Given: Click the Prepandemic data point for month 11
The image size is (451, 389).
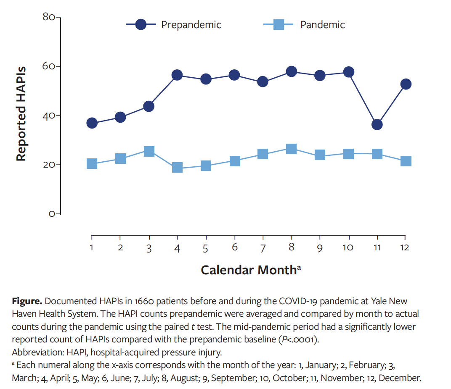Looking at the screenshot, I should click(x=377, y=124).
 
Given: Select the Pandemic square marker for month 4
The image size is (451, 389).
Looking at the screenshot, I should click(x=177, y=168).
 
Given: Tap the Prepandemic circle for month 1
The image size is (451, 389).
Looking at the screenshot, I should click(x=92, y=123).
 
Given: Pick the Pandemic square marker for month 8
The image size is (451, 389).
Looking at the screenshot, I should click(x=291, y=149).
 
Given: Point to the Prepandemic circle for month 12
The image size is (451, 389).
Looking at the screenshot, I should click(x=406, y=84).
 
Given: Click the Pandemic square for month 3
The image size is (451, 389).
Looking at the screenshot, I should click(x=149, y=151).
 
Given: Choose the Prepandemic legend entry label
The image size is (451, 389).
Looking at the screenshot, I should click(x=191, y=25).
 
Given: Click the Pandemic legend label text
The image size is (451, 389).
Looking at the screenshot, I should click(x=322, y=25).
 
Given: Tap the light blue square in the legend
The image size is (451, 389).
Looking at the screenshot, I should click(x=278, y=25).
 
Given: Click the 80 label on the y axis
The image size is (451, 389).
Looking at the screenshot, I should click(x=49, y=17).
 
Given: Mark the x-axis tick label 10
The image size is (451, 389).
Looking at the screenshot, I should click(x=348, y=247).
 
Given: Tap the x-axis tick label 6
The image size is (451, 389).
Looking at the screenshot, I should click(x=234, y=247).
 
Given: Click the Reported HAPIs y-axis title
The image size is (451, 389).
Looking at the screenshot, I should click(x=21, y=113).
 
